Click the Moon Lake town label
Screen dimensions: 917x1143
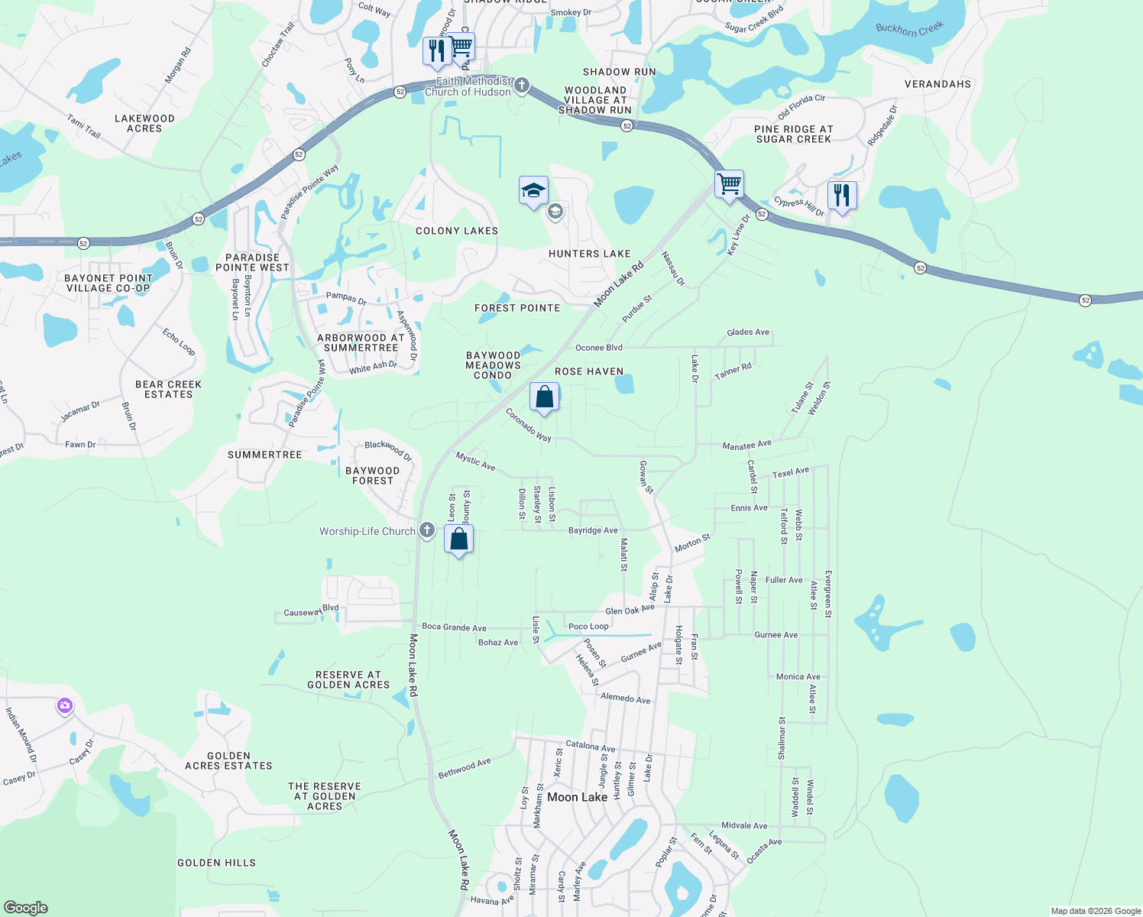coord(577,797)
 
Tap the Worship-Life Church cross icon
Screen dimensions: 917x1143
coord(427,530)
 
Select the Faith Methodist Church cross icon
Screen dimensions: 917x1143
coord(522,85)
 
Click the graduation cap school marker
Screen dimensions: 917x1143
coord(533,191)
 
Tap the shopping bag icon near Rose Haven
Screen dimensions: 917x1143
coord(544,397)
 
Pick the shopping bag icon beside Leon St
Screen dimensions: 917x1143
coord(458,540)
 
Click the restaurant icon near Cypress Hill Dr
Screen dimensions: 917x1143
coord(841,196)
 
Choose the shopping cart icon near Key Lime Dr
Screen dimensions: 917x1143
coord(729,184)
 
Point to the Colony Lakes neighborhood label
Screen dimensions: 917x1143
coord(457,231)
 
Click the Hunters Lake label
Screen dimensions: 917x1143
coord(590,254)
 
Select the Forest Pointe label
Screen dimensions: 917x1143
coord(517,308)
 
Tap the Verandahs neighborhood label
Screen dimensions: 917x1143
coord(937,84)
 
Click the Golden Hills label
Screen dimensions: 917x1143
coord(216,863)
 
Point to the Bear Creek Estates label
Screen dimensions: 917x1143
coord(168,389)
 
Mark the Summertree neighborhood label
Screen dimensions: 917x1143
coord(265,455)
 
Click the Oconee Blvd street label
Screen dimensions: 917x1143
coord(599,348)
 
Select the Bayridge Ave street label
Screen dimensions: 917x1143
coord(593,530)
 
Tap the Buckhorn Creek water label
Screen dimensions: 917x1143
coord(909,29)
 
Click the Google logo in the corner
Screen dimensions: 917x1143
coord(25,908)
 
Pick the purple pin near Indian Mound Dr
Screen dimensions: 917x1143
coord(65,706)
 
